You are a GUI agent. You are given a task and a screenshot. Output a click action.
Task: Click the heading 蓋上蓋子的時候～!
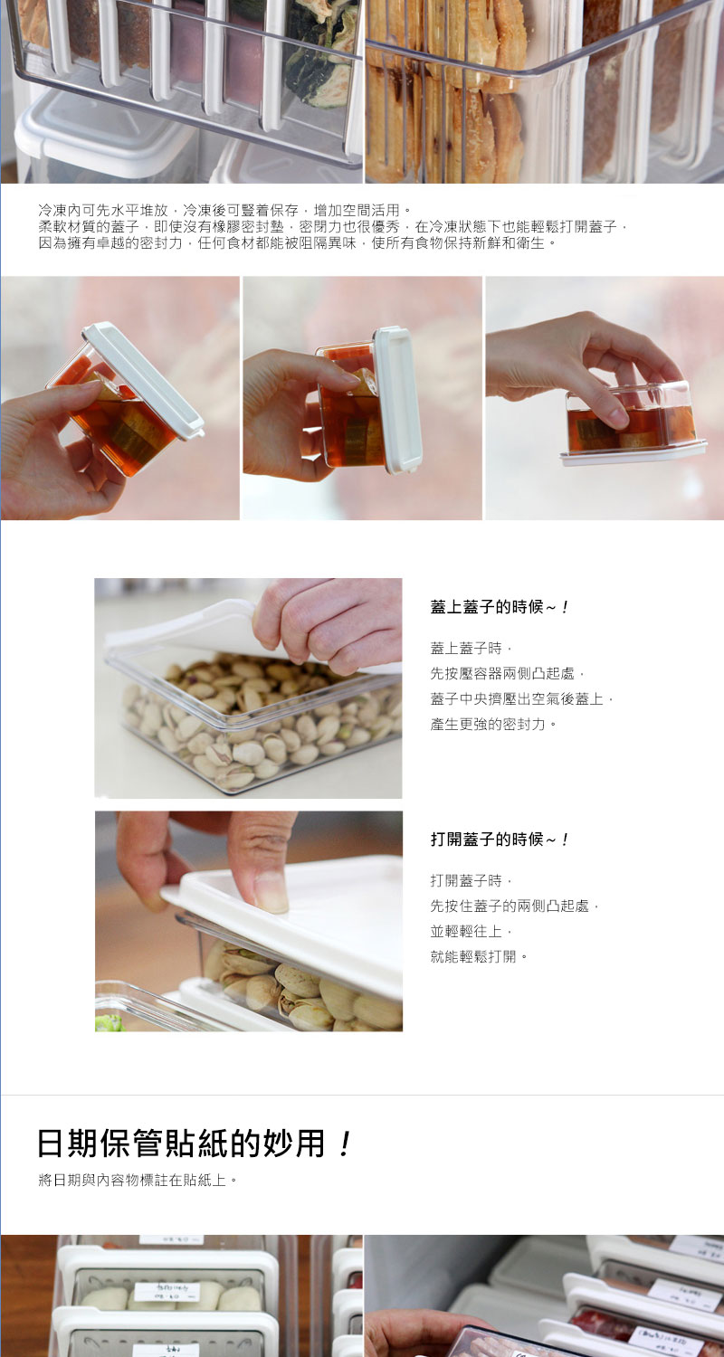tap(500, 607)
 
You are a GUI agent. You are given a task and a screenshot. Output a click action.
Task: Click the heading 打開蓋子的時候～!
tap(500, 840)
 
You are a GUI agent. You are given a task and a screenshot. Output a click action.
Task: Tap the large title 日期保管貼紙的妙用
tap(181, 1143)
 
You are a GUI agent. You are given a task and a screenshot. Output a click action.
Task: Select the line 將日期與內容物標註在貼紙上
tap(138, 1181)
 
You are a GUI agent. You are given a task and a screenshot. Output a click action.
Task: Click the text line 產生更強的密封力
tap(494, 724)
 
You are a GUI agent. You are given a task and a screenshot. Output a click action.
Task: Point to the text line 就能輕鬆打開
tap(479, 956)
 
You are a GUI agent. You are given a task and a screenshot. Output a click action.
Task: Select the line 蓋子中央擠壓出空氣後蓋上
tap(523, 698)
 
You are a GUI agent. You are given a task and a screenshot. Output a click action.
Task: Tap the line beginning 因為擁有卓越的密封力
tap(298, 242)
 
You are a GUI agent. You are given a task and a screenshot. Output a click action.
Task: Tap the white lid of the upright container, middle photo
tap(397, 398)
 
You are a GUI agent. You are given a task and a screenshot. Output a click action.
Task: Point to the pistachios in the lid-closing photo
tap(253, 724)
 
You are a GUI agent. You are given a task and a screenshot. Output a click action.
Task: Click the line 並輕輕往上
tap(472, 931)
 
